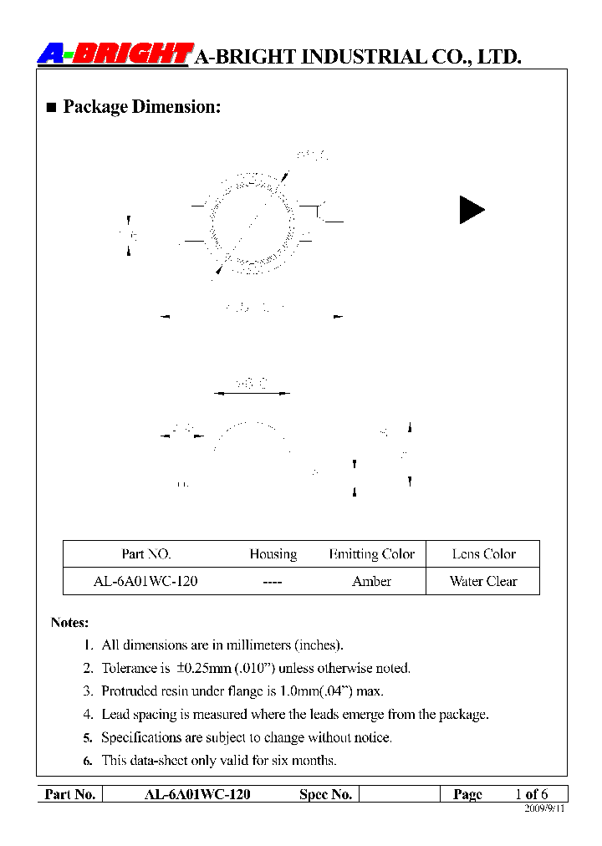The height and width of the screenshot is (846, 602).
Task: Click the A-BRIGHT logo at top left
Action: click(115, 54)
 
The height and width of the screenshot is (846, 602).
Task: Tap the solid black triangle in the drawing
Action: click(471, 209)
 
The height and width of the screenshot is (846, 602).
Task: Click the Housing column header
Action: click(273, 554)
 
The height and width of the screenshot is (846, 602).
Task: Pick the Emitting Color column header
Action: click(371, 554)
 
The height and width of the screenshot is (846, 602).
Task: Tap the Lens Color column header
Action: click(483, 554)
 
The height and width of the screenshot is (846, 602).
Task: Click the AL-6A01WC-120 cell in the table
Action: click(145, 581)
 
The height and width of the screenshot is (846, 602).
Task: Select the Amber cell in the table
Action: click(371, 581)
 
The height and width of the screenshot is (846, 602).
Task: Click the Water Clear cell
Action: click(483, 581)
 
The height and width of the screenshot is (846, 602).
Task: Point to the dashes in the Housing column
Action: click(273, 581)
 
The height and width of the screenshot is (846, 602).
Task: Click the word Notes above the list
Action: click(69, 623)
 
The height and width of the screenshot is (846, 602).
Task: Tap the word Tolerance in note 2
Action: click(129, 668)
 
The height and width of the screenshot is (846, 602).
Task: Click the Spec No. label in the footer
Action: click(325, 794)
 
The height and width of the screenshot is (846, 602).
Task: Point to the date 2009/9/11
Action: click(544, 809)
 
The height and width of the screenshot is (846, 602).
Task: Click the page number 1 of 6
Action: click(531, 794)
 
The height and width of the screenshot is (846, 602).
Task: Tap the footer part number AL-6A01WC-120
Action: click(197, 794)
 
